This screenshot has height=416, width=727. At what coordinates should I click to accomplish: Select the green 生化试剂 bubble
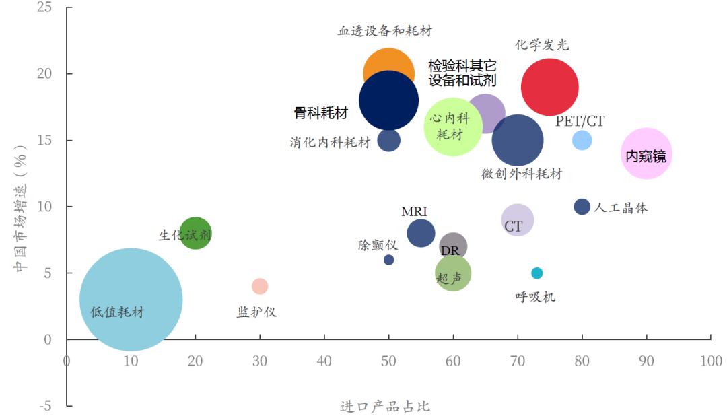point(195,234)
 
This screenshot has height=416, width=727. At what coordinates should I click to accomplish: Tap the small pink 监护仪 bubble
point(260,286)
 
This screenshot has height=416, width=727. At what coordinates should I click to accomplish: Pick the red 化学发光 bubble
point(550,87)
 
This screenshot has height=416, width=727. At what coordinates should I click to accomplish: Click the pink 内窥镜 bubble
point(646,155)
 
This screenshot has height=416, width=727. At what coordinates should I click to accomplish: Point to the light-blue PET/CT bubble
point(582,140)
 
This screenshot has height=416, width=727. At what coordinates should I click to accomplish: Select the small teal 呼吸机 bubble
point(536,273)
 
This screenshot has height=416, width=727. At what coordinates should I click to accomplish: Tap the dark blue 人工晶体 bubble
point(582,207)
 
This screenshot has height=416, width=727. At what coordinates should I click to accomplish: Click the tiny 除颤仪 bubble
point(388,260)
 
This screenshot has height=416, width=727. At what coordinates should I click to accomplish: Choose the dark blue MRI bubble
point(421,233)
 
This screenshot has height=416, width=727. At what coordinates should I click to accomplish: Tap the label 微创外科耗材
point(522,174)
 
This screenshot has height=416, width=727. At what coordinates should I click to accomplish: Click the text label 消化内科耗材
point(330,143)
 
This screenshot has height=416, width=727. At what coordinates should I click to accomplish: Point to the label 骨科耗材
point(321,113)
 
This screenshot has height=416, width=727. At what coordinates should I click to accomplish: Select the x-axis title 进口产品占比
point(385,407)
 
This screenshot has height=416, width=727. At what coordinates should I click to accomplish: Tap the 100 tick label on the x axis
point(711,361)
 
